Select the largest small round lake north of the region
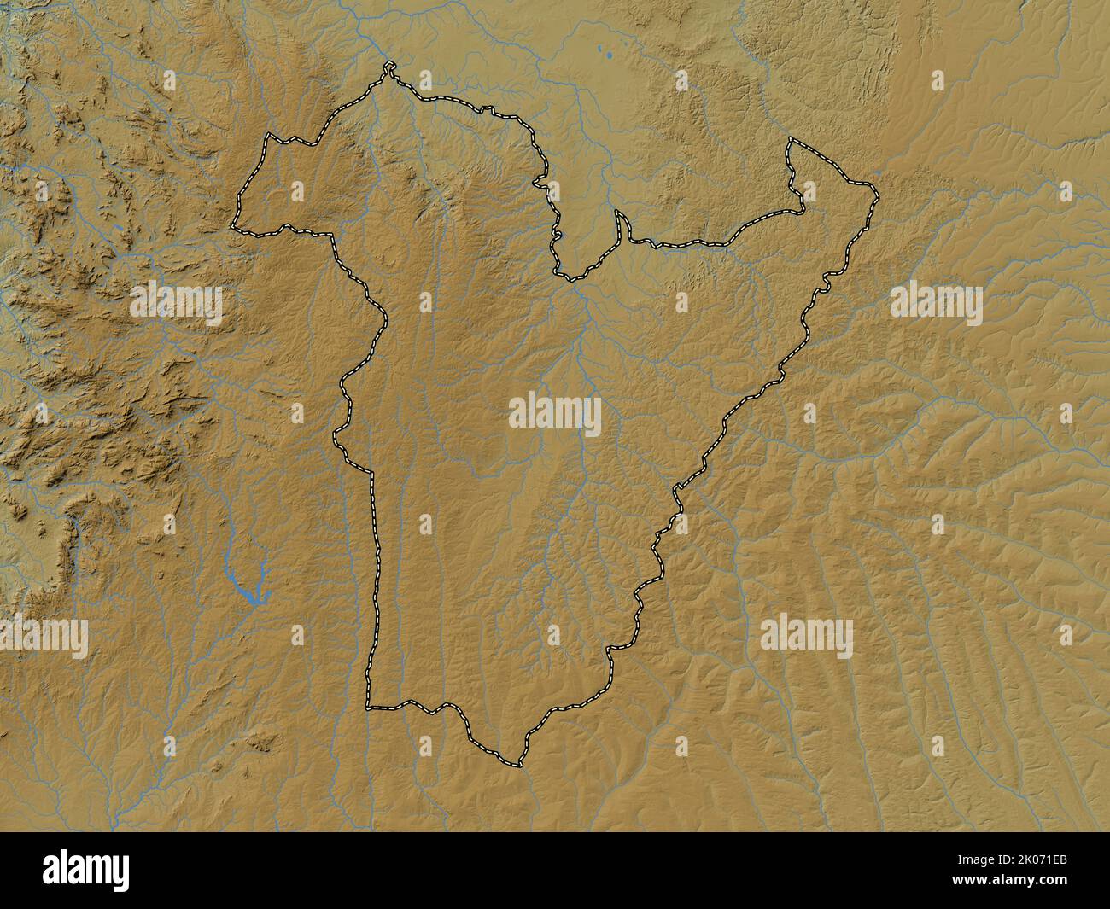pos(610,58)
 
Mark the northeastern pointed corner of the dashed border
pos(790,140)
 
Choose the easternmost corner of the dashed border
pos(876,185)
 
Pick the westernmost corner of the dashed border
pos(233,228)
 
